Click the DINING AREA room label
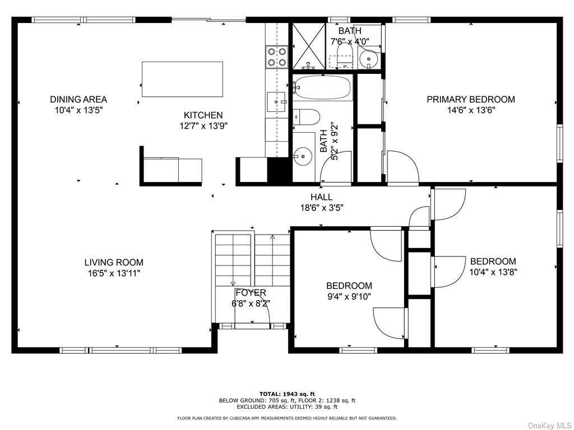78,99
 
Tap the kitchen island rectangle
182,80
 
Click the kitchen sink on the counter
276,102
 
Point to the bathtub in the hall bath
322,87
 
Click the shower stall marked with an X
308,46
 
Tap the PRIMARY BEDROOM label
471,99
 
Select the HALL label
321,197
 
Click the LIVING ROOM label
114,262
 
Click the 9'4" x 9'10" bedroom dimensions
349,296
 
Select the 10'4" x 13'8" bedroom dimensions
493,272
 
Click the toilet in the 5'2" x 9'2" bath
307,117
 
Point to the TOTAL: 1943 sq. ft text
287,394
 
